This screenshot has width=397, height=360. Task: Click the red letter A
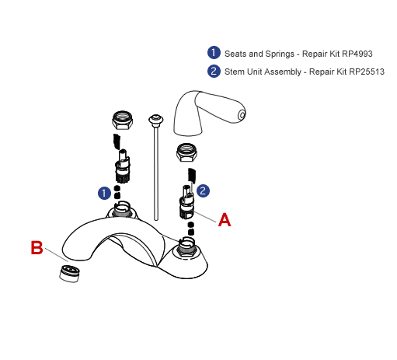point(225,220)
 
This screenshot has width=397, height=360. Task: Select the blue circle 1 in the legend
point(214,53)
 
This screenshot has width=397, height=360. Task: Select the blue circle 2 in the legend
point(214,71)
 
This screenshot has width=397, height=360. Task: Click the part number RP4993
point(357,54)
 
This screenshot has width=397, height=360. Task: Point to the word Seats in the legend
point(235,54)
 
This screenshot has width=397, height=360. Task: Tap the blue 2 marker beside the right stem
point(203,190)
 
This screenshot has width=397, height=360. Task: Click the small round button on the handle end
point(241,116)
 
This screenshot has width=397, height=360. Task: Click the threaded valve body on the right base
point(186,246)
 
